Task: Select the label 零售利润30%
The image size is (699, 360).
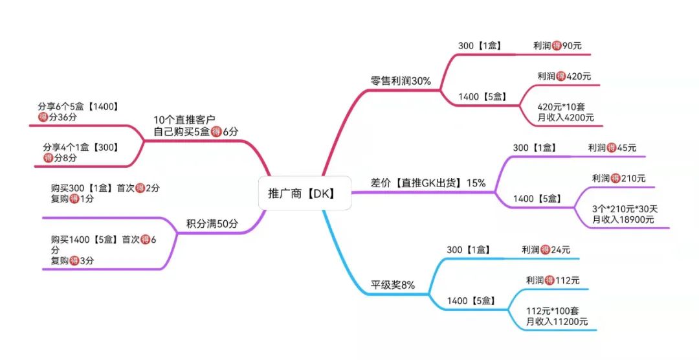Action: click(401, 82)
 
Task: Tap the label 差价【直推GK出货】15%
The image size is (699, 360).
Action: click(428, 183)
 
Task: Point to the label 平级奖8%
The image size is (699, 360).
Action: click(392, 285)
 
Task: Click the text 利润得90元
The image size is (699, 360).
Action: click(557, 46)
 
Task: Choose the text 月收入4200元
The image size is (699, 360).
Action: click(565, 117)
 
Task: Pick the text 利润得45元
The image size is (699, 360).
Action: click(612, 148)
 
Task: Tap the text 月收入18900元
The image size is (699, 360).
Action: click(623, 220)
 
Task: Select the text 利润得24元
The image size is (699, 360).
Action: click(546, 249)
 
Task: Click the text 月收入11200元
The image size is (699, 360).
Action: click(557, 321)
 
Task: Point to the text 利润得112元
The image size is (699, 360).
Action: click(553, 280)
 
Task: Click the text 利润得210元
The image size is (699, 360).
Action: click(618, 178)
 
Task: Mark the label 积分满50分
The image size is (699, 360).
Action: click(212, 224)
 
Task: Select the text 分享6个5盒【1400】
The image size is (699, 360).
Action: click(78, 106)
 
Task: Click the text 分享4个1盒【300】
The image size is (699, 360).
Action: click(80, 147)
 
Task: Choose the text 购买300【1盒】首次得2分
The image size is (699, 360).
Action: click(105, 188)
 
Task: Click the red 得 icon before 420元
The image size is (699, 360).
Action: click(561, 76)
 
